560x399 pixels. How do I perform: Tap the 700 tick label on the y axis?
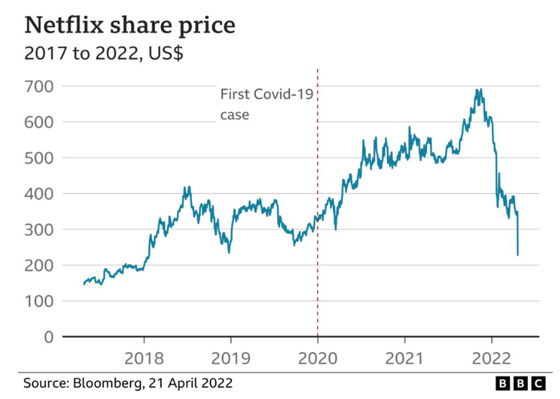39,86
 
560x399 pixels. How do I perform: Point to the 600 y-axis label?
39,122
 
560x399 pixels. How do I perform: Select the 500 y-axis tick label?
39,158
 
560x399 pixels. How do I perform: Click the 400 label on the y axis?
39,194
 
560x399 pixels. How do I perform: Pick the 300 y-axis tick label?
39,230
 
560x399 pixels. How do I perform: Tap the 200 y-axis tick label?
39,265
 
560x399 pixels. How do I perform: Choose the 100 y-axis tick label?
39,301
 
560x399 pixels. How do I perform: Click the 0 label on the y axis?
48,337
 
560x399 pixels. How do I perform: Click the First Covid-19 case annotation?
266,104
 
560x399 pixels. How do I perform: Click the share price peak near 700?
478,90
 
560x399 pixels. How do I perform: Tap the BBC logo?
520,384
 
